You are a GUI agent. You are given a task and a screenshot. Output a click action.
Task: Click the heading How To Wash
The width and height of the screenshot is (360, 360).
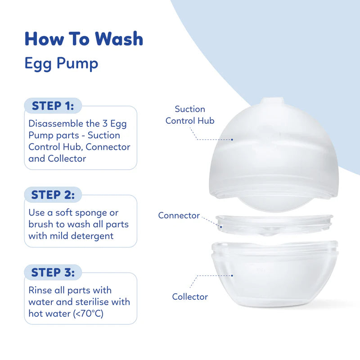(x=84, y=39)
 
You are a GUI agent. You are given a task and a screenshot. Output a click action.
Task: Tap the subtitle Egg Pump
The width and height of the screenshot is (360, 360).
(x=61, y=63)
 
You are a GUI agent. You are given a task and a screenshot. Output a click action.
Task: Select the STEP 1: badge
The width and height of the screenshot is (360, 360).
(x=53, y=106)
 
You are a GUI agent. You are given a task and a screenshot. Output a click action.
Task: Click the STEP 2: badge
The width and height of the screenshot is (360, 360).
(x=53, y=195)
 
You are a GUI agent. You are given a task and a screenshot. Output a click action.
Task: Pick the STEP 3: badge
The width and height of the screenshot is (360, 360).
(x=53, y=273)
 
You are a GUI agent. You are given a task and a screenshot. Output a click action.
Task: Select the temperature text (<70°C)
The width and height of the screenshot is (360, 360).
(x=88, y=313)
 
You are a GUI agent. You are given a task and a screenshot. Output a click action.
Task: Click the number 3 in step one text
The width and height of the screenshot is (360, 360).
(x=105, y=123)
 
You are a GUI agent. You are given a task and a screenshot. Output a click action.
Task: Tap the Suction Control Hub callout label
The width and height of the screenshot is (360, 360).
(x=190, y=115)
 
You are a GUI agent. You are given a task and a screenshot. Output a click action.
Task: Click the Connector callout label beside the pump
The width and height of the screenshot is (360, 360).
(x=179, y=216)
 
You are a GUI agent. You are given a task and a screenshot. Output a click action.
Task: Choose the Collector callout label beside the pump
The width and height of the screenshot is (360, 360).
(x=190, y=297)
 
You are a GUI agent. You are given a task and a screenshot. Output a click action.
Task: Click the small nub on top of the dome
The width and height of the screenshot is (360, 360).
(x=273, y=101)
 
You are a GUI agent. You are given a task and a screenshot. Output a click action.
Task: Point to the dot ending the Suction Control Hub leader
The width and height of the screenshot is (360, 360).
(x=232, y=139)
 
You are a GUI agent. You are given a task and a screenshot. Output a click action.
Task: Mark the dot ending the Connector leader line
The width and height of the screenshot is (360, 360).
(x=221, y=227)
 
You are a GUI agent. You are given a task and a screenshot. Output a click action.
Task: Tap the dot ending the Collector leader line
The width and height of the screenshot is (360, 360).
(x=232, y=275)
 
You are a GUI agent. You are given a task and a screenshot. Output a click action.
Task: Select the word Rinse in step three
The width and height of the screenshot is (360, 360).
(x=40, y=290)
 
